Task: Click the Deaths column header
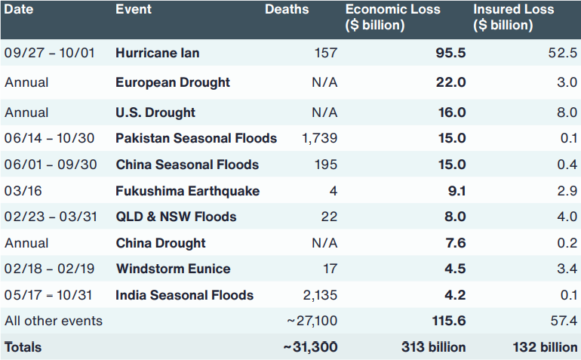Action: click(287, 9)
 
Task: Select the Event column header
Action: click(134, 9)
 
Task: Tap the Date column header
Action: click(19, 9)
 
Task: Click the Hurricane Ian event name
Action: click(158, 53)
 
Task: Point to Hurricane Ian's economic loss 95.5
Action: click(450, 53)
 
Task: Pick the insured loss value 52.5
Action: click(562, 53)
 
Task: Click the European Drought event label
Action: click(173, 83)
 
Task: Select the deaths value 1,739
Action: click(320, 138)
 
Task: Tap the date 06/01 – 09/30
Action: click(51, 165)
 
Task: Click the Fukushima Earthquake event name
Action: click(187, 191)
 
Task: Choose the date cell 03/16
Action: click(23, 191)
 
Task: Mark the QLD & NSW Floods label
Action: click(176, 217)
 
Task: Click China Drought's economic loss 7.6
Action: click(456, 243)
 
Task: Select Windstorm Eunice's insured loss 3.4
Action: click(567, 269)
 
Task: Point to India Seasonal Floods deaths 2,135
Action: click(320, 295)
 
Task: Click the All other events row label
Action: click(54, 321)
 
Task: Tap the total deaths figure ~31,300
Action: click(311, 347)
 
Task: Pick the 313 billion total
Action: click(434, 347)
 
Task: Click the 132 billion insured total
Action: click(545, 347)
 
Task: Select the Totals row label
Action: click(23, 347)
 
